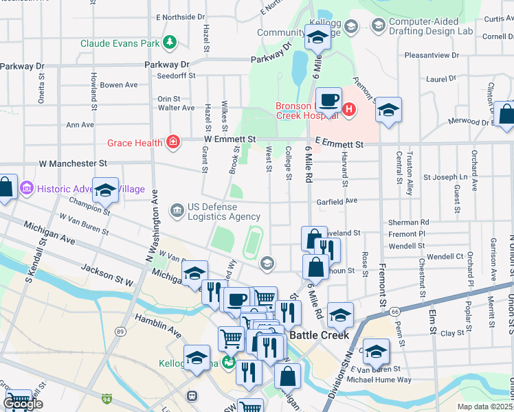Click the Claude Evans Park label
point(120,43)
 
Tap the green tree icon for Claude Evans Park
point(169,43)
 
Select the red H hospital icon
point(349,108)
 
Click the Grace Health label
point(134,143)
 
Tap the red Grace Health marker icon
point(172,143)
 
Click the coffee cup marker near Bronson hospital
point(328,100)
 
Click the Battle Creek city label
point(319,335)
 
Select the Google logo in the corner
point(23,404)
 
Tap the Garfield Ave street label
point(337,201)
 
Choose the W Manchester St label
point(74,164)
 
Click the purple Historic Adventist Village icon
point(27,188)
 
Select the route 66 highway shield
point(394,311)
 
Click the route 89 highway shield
point(121,351)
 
